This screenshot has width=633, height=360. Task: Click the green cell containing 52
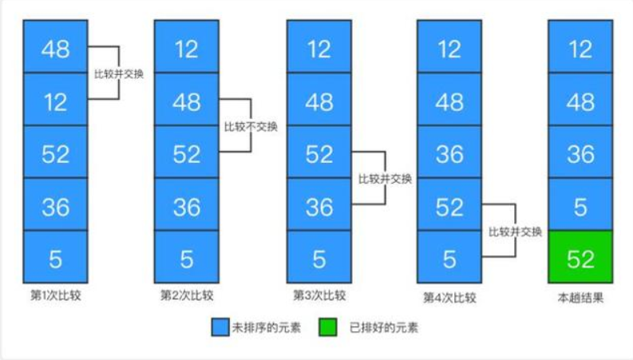click(x=580, y=257)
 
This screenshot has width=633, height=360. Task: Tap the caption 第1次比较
click(x=55, y=295)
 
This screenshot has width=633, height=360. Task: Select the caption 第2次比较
click(x=186, y=296)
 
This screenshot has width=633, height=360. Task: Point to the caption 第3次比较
click(x=318, y=296)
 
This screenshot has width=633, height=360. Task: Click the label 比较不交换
click(x=251, y=127)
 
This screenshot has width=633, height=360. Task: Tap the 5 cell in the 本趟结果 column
click(x=580, y=205)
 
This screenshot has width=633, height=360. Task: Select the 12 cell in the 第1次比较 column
click(x=55, y=101)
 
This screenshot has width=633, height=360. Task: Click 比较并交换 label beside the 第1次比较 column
click(x=119, y=73)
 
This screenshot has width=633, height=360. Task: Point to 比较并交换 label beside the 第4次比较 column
click(x=515, y=232)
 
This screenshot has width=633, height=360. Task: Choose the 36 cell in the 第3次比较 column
click(x=318, y=205)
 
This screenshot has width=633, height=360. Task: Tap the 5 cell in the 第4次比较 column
click(x=449, y=257)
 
